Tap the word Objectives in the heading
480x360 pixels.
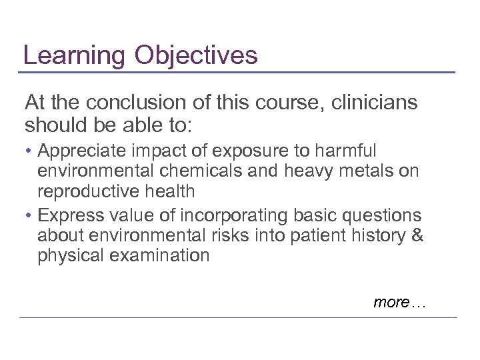coord(195,55)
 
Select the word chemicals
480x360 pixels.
coord(204,171)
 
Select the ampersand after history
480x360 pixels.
coord(417,235)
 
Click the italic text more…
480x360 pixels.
coord(399,302)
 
